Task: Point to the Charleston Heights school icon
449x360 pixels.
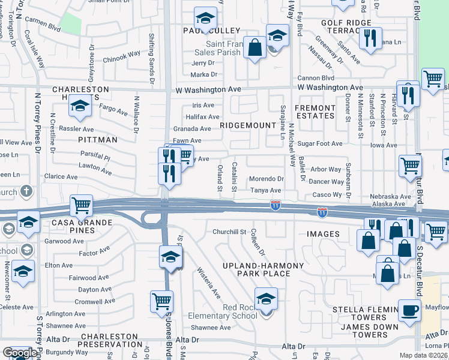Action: pyautogui.click(x=79, y=106)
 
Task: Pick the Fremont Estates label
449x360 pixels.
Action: pyautogui.click(x=315, y=112)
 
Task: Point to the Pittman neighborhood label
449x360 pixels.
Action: pyautogui.click(x=97, y=139)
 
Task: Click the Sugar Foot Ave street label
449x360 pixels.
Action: pyautogui.click(x=320, y=144)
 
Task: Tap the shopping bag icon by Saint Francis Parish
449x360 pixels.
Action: pyautogui.click(x=255, y=49)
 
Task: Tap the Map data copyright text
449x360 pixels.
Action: pyautogui.click(x=424, y=355)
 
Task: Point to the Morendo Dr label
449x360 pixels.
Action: pyautogui.click(x=266, y=179)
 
